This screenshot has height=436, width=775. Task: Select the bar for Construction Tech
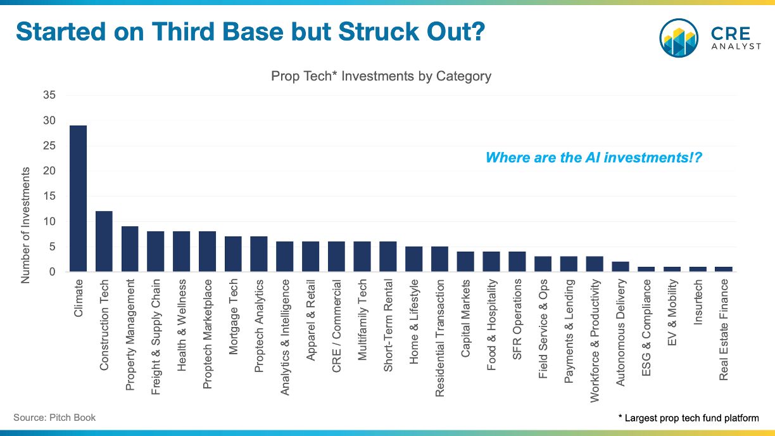coord(104,241)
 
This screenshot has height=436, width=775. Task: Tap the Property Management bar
coord(130,249)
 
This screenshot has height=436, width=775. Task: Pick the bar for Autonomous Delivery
coord(621,267)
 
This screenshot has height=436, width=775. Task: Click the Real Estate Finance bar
coord(723,269)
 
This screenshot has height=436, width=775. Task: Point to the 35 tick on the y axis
coord(49,95)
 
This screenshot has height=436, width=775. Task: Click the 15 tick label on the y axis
coord(49,196)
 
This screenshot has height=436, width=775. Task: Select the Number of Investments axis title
coord(26,225)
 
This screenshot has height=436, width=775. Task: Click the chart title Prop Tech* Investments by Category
coord(381,76)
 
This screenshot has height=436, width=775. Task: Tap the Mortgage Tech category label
coord(233,307)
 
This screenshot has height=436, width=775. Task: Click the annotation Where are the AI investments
coord(593,157)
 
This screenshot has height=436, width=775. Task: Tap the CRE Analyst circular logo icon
coord(679,38)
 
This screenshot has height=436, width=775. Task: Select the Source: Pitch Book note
coord(54,418)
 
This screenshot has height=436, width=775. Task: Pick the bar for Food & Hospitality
coord(491,262)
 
